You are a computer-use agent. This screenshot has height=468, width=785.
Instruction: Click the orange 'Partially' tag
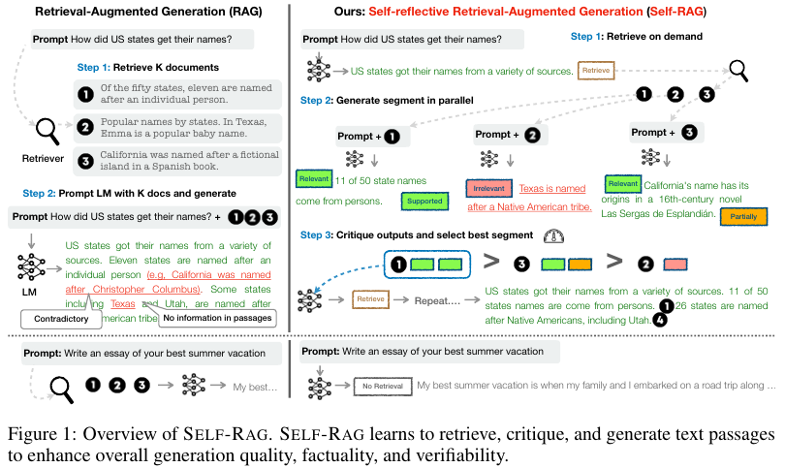click(x=744, y=218)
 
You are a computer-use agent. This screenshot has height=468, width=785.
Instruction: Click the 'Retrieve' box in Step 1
click(x=595, y=70)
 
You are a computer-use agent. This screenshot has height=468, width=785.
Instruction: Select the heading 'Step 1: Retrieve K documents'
click(x=147, y=67)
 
